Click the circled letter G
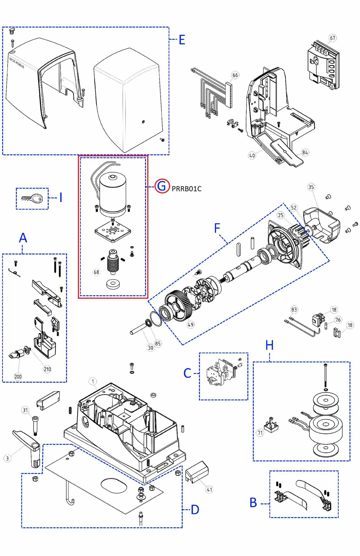click(x=162, y=186)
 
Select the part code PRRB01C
click(x=187, y=189)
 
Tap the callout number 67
click(x=333, y=38)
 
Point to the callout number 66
click(x=235, y=75)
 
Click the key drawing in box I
click(x=33, y=198)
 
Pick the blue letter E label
click(x=182, y=40)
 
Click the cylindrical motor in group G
click(x=113, y=194)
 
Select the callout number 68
click(x=96, y=272)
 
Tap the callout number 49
click(x=191, y=325)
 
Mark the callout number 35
click(x=311, y=187)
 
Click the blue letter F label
click(x=217, y=228)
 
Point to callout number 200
click(x=18, y=376)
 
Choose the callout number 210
click(x=47, y=369)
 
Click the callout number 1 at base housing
click(x=93, y=381)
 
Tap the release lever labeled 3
click(x=28, y=446)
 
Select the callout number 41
click(x=210, y=489)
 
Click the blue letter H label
click(x=269, y=345)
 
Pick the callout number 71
click(x=260, y=433)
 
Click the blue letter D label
click(x=195, y=510)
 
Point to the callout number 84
click(x=305, y=152)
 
